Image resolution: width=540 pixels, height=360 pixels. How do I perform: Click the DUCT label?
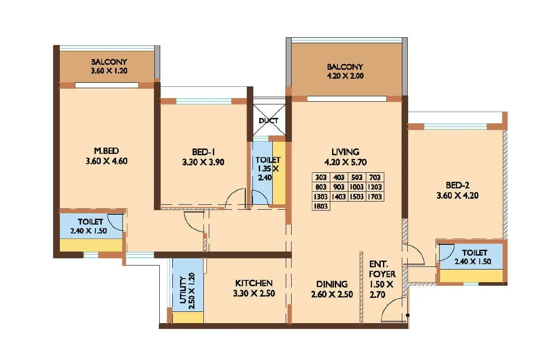click(x=268, y=121)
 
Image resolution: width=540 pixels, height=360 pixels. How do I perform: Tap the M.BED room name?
click(x=106, y=151)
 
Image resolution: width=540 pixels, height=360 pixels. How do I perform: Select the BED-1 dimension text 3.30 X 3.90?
click(x=203, y=162)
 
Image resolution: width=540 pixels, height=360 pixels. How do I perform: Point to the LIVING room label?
click(x=346, y=152)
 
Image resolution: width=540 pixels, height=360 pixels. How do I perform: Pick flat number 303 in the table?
click(x=321, y=177)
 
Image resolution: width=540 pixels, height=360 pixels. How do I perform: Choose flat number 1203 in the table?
click(x=375, y=187)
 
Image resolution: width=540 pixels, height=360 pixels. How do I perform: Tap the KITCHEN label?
click(x=254, y=283)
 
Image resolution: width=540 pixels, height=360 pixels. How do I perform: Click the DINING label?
click(x=332, y=284)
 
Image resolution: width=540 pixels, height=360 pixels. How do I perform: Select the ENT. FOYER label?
click(x=382, y=269)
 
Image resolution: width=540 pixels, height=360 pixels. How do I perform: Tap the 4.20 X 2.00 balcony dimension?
click(x=345, y=76)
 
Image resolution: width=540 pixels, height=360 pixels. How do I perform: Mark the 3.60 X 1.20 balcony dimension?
click(x=109, y=71)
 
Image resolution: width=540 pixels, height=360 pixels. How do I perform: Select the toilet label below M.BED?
click(x=90, y=222)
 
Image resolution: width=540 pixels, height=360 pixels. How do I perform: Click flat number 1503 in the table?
click(x=357, y=196)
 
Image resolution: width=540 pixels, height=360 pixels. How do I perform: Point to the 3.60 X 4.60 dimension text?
click(x=106, y=161)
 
